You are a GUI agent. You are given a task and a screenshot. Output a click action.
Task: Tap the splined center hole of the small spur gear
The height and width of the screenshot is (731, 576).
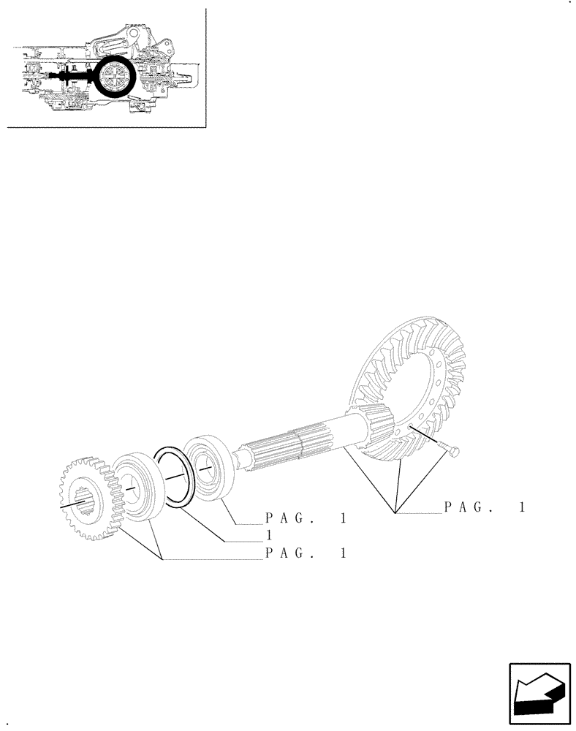[x=86, y=501]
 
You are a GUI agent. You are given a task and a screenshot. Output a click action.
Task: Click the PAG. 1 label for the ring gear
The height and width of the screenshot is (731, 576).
[x=485, y=507]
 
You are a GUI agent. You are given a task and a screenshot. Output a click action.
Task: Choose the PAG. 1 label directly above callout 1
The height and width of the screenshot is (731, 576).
[x=305, y=518]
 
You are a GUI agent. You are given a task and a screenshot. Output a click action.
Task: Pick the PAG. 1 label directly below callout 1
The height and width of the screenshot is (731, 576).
[x=305, y=553]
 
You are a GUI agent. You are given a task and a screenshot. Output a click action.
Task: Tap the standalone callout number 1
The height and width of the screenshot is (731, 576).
[x=268, y=536]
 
